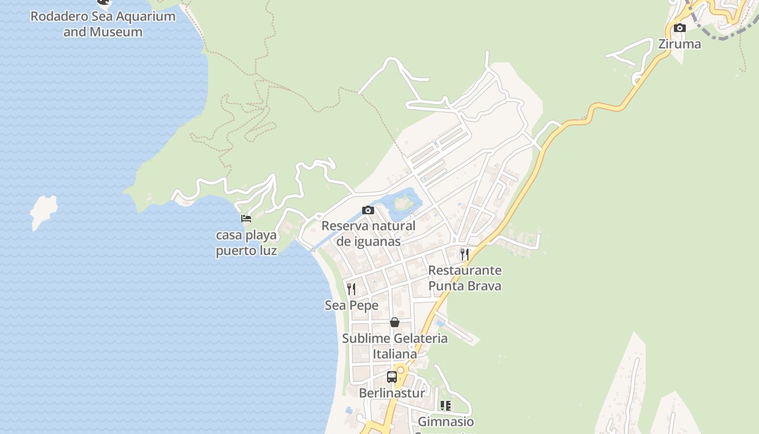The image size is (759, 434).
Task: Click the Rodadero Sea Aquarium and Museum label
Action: tap(103, 24)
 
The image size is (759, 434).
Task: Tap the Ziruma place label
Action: tap(679, 44)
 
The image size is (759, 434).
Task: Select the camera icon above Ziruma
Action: tap(679, 28)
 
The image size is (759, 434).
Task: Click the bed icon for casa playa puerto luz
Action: tap(246, 219)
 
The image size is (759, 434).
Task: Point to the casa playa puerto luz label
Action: tap(247, 243)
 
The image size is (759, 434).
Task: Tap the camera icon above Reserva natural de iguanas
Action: tap(368, 210)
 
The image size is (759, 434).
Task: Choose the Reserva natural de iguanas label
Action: tap(368, 233)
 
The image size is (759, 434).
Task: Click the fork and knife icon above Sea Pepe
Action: tap(351, 289)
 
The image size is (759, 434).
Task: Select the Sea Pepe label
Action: tap(351, 305)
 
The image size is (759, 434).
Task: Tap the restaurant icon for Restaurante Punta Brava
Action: tap(464, 254)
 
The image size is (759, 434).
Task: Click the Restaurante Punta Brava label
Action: tap(465, 278)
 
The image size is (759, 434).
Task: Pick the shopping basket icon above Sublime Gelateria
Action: tap(395, 322)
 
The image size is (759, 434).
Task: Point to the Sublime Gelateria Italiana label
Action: tap(395, 346)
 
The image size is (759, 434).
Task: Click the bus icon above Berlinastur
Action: tap(392, 376)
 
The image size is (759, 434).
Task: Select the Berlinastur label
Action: tap(392, 393)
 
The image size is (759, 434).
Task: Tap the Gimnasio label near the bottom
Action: tap(446, 422)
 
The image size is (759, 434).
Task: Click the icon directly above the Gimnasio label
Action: tap(446, 405)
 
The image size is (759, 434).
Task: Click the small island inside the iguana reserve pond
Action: tap(402, 203)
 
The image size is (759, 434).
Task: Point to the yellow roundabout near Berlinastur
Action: tap(401, 370)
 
